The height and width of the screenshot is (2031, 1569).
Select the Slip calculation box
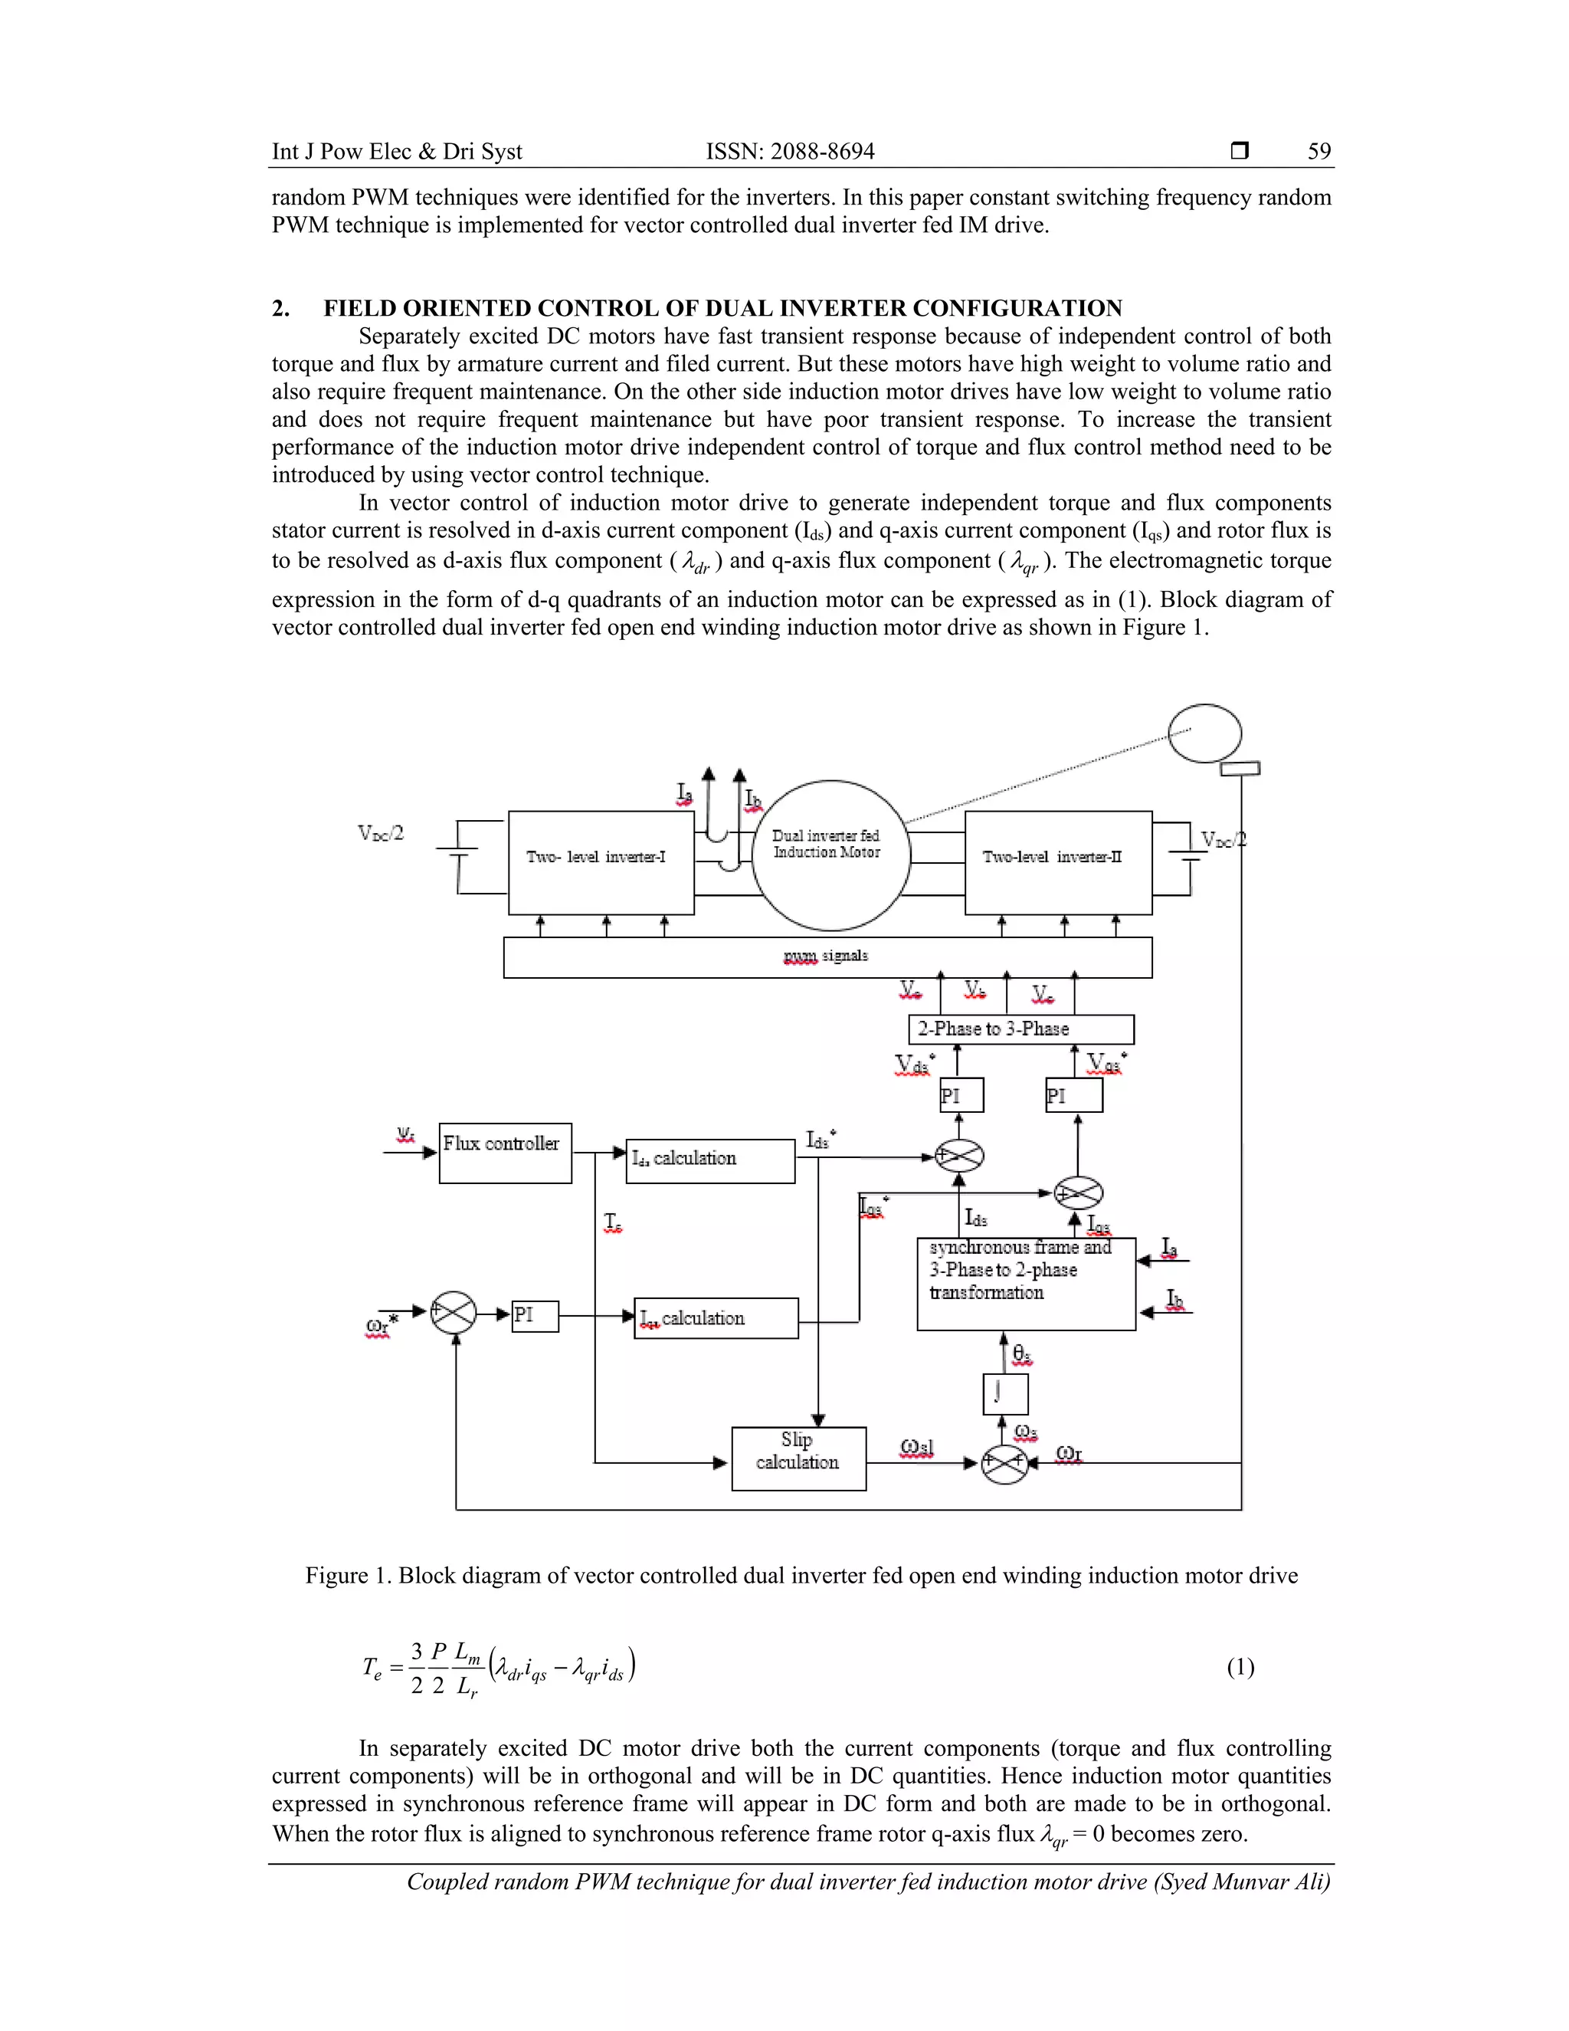tap(798, 1458)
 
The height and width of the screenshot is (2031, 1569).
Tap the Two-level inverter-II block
tap(1058, 862)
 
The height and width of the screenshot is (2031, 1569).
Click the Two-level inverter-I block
tap(601, 862)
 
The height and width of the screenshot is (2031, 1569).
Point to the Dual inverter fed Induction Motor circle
tap(829, 855)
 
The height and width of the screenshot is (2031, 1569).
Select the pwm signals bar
tap(827, 957)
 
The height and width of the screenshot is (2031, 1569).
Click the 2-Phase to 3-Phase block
tap(1020, 1029)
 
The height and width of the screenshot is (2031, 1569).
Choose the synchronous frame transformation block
tap(1025, 1282)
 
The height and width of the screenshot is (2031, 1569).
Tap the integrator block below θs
tap(1005, 1393)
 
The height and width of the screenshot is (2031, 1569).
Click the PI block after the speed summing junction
tap(535, 1316)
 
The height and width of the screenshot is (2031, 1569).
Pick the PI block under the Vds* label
tap(961, 1094)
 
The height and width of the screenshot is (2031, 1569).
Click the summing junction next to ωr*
tap(454, 1313)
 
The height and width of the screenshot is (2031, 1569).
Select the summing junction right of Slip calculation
tap(1005, 1463)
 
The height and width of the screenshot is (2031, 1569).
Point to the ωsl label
tap(916, 1448)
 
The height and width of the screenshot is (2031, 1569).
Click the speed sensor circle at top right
tap(1204, 733)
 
